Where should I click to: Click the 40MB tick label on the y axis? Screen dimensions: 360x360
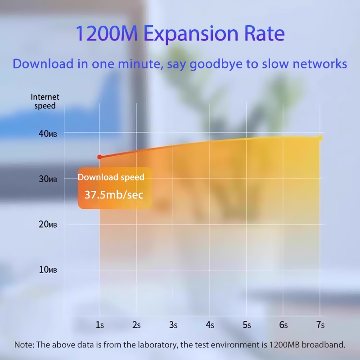tap(47, 134)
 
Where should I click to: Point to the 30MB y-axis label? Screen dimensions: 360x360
tap(47, 179)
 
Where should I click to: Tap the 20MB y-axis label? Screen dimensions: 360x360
tap(47, 224)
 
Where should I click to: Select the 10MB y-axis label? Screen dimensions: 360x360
tap(47, 270)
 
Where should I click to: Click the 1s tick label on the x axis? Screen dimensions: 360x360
tap(99, 324)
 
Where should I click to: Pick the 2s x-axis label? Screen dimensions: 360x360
tap(136, 324)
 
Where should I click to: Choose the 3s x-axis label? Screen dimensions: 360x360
tap(173, 324)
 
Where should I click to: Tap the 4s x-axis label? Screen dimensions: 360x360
tap(210, 324)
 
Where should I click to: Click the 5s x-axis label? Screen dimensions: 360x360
tap(247, 324)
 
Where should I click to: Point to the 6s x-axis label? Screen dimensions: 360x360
tap(283, 324)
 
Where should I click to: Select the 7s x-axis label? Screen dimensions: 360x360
tap(320, 324)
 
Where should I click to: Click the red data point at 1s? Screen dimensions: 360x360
tap(99, 157)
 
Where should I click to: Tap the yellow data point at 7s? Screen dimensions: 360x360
tap(320, 138)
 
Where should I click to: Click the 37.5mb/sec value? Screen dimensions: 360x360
tap(114, 195)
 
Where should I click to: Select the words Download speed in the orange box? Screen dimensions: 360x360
tap(111, 177)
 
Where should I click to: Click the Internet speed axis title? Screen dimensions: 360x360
tap(45, 102)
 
